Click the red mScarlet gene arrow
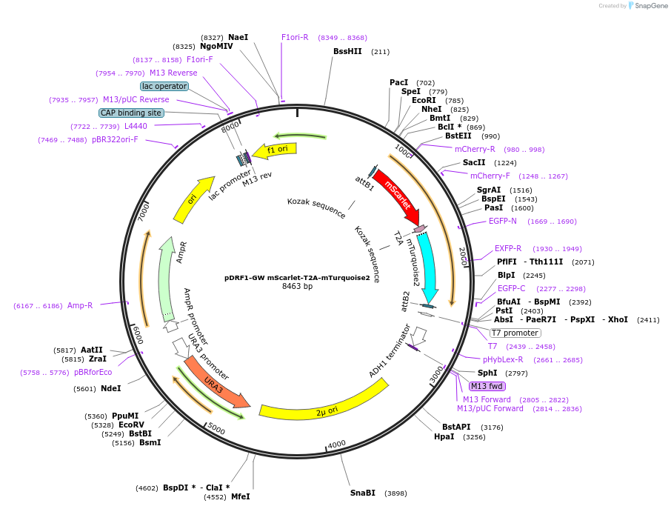tap(398, 196)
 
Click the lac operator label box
tap(164, 86)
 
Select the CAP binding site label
tap(130, 113)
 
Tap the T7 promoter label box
tap(515, 333)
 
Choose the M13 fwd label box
tap(487, 386)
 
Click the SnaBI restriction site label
tap(363, 493)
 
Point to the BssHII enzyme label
tap(347, 51)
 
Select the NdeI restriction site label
tap(110, 388)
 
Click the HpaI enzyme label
tap(444, 437)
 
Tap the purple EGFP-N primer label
tap(502, 221)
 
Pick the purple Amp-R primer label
tap(80, 305)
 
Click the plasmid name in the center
tap(297, 278)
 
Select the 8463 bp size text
tap(297, 286)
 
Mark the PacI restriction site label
tap(398, 82)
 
